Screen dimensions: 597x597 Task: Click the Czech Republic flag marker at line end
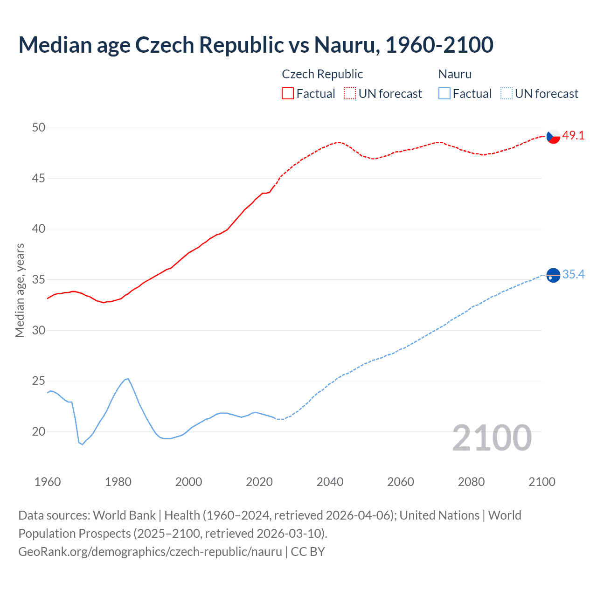pos(553,136)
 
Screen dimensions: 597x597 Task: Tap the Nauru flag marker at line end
pos(553,276)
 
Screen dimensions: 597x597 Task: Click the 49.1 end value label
pos(573,136)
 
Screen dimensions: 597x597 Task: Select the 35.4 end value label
pos(573,274)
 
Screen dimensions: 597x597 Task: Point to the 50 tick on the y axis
pos(39,127)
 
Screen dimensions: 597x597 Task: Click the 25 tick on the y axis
pos(39,381)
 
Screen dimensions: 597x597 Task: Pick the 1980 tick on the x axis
pos(118,482)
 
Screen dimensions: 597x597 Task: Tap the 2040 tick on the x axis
pos(330,482)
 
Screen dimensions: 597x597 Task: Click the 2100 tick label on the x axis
pos(541,482)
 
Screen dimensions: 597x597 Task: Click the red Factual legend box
pos(288,94)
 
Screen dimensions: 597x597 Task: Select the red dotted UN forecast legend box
pos(350,94)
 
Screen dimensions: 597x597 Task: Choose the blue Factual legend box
pos(444,94)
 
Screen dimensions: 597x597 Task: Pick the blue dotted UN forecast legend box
pos(507,94)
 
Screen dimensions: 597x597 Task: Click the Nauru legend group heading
pos(455,74)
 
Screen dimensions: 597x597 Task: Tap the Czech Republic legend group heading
pos(322,74)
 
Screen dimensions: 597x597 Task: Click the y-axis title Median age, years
pos(20,290)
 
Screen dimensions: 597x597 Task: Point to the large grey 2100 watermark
pos(492,437)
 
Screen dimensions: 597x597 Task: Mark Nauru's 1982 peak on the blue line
pos(127,379)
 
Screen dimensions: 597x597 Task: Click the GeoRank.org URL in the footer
pos(150,552)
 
